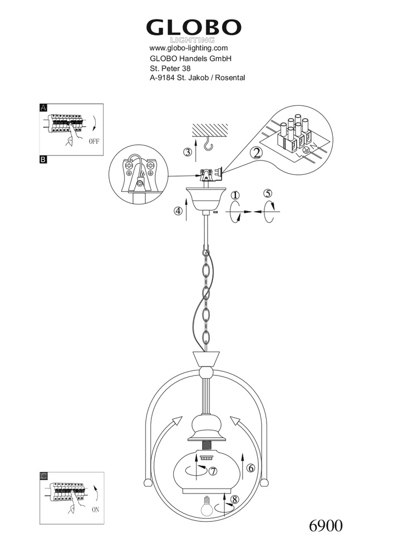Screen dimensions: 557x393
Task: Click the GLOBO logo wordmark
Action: tap(193, 28)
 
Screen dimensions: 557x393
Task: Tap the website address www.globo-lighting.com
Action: tap(189, 48)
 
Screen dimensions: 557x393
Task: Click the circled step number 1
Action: tap(235, 196)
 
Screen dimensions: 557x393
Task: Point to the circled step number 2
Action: tap(256, 153)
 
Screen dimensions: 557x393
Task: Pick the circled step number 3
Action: tap(188, 152)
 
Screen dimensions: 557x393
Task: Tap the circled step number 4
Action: tap(178, 211)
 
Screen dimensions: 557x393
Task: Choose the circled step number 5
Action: tap(268, 194)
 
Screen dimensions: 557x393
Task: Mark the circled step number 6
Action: tap(251, 468)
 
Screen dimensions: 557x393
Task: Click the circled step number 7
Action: tap(213, 471)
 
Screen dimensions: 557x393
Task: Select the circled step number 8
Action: tap(234, 500)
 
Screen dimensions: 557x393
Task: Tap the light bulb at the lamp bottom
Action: tap(207, 506)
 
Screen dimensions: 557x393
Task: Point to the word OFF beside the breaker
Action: tap(94, 141)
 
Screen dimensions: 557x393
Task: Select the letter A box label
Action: tap(43, 108)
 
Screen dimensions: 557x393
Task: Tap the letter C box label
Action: tap(43, 476)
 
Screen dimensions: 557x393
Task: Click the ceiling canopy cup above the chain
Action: tap(206, 197)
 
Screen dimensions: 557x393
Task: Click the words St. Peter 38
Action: tap(170, 69)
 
